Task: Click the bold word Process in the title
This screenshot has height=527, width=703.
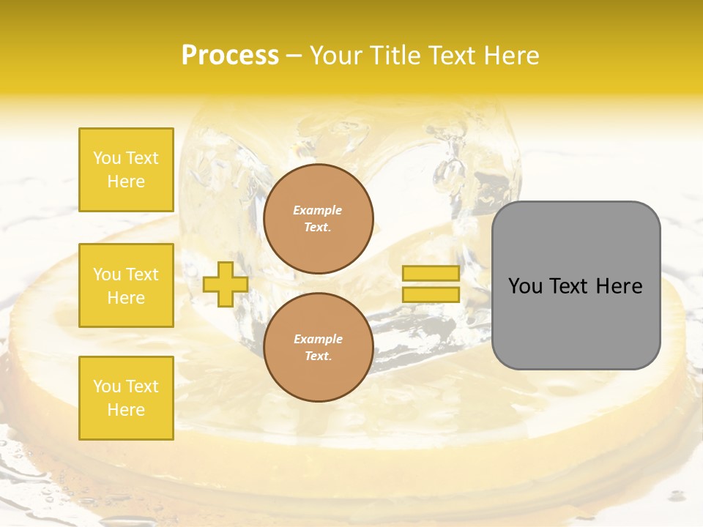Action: (230, 56)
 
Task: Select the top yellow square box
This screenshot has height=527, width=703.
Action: (126, 170)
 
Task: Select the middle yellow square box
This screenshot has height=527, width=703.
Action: (126, 285)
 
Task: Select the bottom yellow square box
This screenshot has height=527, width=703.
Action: (126, 398)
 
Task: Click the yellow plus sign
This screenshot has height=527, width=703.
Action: (226, 284)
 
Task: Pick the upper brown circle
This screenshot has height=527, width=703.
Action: (319, 219)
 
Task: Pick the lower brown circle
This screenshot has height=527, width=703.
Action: (319, 348)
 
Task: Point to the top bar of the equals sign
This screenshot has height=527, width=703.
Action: (431, 274)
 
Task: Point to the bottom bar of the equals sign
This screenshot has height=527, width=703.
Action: (431, 295)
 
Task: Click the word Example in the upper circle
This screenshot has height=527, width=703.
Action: (318, 210)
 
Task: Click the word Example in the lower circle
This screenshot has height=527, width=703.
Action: (318, 339)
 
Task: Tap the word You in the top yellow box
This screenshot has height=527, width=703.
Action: (107, 158)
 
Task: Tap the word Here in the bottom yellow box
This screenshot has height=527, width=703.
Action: (126, 410)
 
